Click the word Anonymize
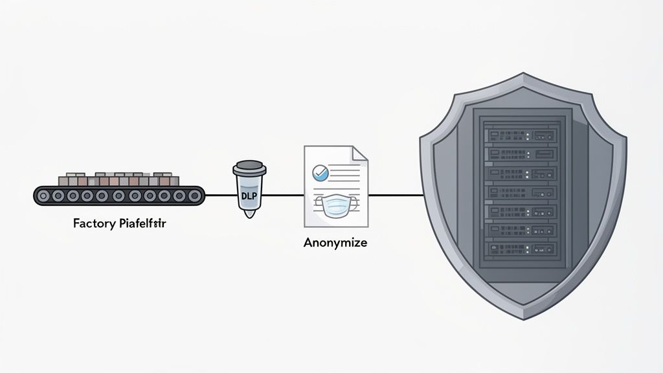coord(335,243)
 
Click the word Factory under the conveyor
coord(94,225)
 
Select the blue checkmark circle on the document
coord(320,172)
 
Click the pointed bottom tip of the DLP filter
coord(247,214)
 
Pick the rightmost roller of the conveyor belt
coord(194,194)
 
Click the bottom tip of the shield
coord(523,317)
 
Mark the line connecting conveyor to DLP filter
coord(218,194)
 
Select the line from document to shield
coord(395,194)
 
